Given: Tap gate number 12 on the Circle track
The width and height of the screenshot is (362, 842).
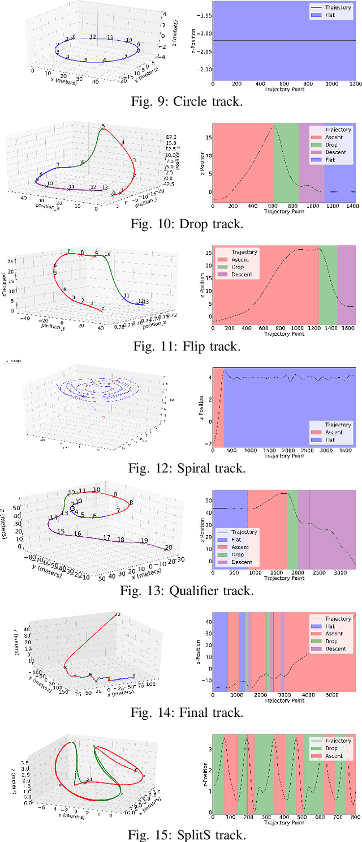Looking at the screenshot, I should click(93, 37).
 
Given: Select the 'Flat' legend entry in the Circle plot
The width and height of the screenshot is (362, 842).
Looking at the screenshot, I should click(331, 16).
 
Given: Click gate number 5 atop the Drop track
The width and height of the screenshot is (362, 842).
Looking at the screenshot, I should click(103, 126).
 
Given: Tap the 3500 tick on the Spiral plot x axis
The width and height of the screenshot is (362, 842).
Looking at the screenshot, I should click(344, 451).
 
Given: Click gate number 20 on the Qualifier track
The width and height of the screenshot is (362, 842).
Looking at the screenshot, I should click(168, 547).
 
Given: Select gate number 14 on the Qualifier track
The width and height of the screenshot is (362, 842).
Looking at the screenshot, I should click(53, 518).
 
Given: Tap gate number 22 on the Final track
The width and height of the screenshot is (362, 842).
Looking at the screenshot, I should click(118, 614).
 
